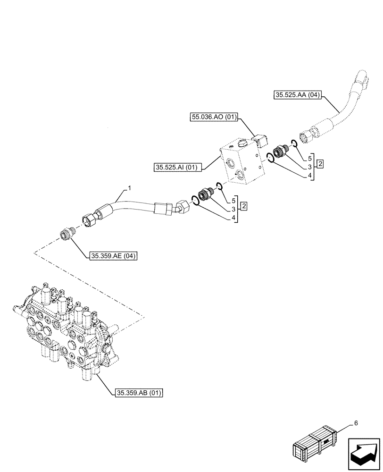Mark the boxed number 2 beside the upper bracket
320,164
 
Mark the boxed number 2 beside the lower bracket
244,206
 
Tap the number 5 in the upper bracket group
309,158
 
